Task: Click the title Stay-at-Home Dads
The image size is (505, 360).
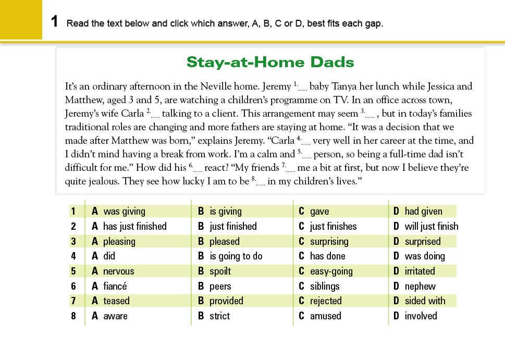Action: click(270, 63)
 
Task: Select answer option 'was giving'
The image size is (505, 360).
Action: click(124, 212)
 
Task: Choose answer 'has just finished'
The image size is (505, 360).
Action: click(134, 227)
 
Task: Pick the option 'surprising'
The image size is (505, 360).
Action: click(329, 242)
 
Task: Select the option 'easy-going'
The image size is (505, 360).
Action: click(331, 271)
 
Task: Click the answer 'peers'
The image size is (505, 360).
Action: click(220, 287)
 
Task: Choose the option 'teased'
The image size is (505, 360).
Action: click(116, 301)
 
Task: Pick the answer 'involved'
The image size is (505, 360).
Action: click(421, 316)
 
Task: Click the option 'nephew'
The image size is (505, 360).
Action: click(420, 287)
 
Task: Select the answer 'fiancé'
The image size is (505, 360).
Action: click(115, 287)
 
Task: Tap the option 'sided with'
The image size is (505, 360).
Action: click(425, 301)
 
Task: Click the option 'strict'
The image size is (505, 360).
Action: click(219, 316)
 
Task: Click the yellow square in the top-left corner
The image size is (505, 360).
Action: click(21, 19)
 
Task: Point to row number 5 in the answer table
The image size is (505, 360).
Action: click(73, 271)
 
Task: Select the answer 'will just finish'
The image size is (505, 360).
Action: click(432, 227)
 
